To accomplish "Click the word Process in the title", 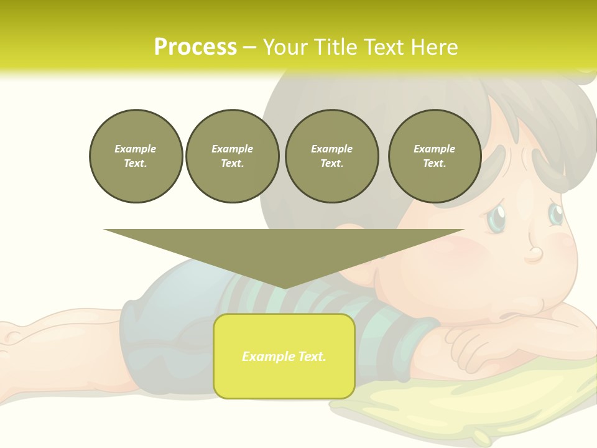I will click(195, 47).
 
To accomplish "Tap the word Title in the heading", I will click(334, 47).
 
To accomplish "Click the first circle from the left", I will click(136, 156).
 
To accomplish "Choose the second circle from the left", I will click(232, 156).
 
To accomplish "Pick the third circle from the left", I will click(331, 156).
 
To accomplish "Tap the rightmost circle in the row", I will click(434, 156).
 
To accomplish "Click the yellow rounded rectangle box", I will click(284, 356).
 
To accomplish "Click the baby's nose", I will click(535, 254).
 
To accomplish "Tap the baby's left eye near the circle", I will click(496, 218).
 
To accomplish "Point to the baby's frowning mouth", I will click(516, 314).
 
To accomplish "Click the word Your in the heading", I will click(284, 47).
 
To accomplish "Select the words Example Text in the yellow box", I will click(284, 357).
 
